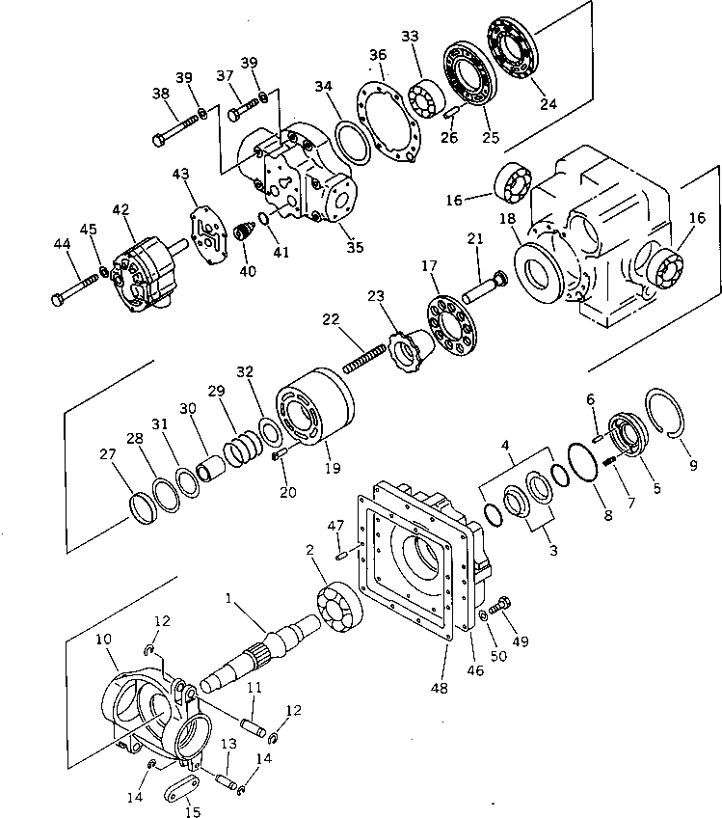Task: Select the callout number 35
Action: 355,247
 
